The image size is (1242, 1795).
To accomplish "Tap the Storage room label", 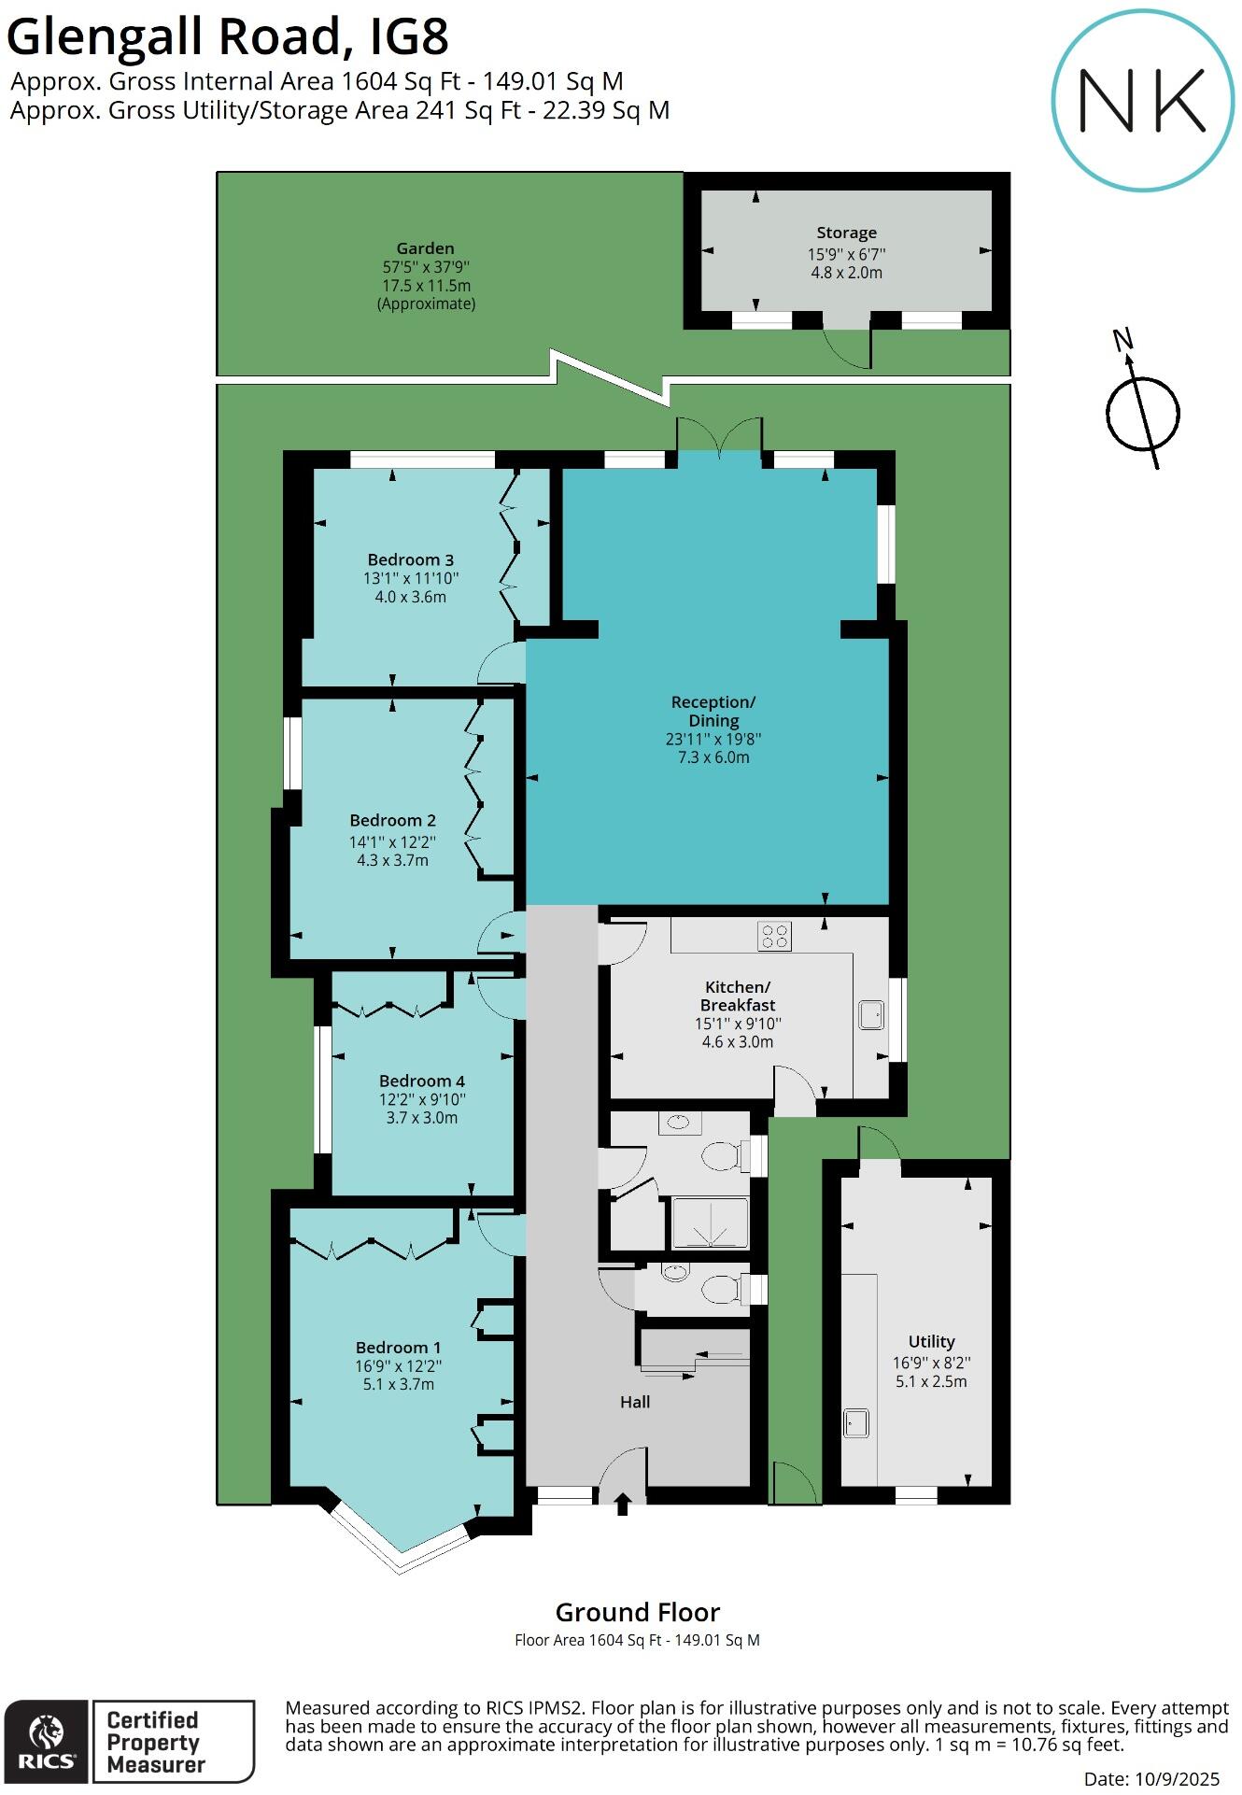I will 846,233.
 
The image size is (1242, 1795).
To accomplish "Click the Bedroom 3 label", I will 410,559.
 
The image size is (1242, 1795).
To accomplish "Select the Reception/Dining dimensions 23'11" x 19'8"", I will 713,739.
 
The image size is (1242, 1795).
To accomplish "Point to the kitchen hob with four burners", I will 774,936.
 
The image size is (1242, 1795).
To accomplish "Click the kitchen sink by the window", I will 871,1015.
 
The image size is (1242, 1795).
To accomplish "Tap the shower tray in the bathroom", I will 711,1223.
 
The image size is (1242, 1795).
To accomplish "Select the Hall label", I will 635,1402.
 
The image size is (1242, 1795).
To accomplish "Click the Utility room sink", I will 856,1423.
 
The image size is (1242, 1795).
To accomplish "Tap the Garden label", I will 425,248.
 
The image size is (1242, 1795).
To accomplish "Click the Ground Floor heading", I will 637,1613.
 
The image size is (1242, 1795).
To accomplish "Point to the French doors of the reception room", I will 719,437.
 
